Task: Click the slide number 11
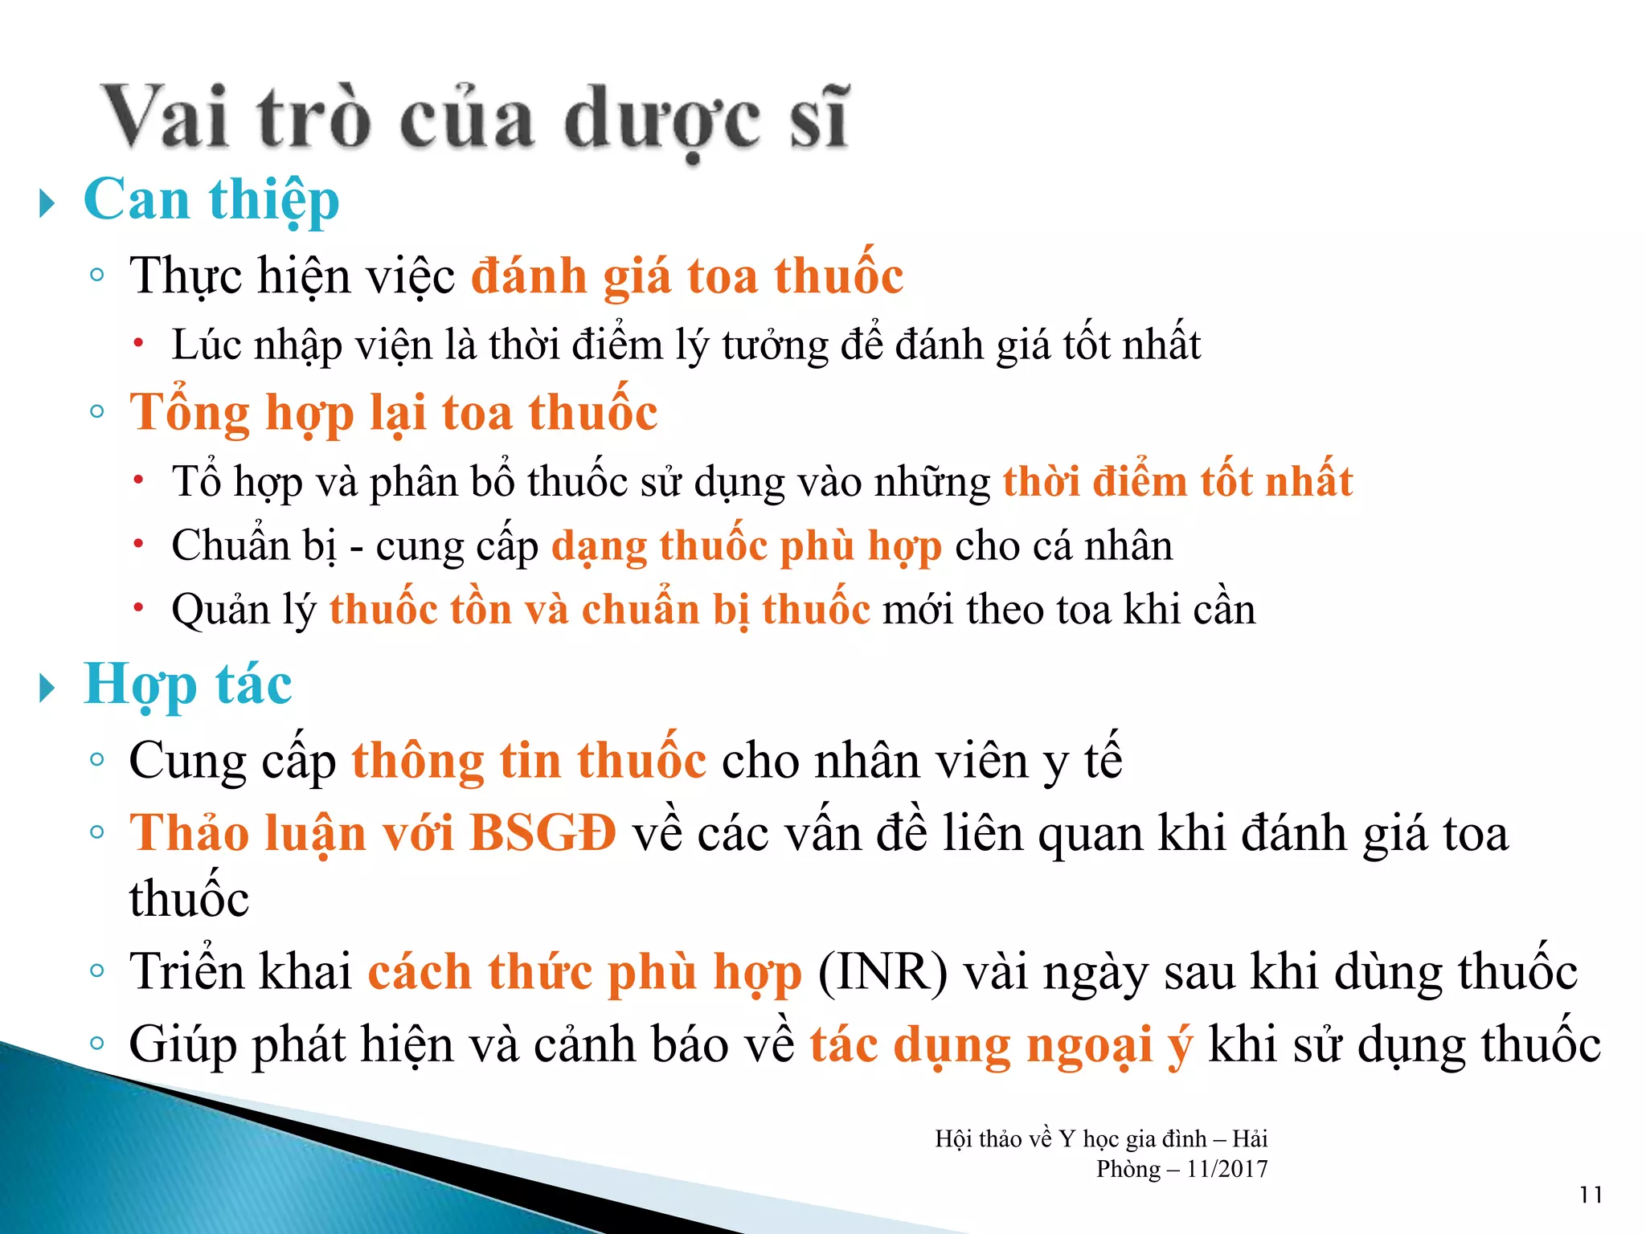(1591, 1195)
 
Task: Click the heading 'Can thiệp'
(211, 201)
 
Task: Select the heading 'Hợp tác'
(187, 685)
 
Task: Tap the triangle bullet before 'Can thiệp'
(47, 203)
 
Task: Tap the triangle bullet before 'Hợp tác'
(47, 688)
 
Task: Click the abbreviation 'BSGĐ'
(543, 833)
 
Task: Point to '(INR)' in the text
(882, 972)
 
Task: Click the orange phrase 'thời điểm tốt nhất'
(1177, 482)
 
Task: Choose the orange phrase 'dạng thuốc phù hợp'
(747, 546)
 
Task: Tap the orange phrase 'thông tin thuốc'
(529, 761)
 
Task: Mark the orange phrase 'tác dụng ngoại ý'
(1001, 1045)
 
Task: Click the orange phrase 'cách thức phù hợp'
(585, 972)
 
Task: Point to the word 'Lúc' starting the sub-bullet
(207, 345)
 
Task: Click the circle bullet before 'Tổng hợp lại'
(97, 412)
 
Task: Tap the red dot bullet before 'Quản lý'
(139, 608)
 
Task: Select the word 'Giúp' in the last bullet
(182, 1045)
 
